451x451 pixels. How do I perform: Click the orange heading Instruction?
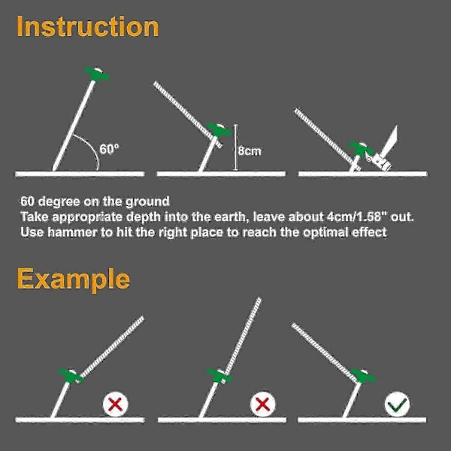click(x=88, y=26)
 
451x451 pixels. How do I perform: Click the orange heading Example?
click(x=74, y=280)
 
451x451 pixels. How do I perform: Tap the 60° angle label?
click(x=109, y=149)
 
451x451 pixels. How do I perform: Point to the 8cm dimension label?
click(x=250, y=151)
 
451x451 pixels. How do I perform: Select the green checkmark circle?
click(x=397, y=404)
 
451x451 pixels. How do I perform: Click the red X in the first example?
click(x=116, y=404)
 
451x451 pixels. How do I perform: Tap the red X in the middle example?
click(x=262, y=404)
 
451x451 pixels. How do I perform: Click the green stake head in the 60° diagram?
click(x=97, y=74)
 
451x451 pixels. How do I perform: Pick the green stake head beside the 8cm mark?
click(x=219, y=130)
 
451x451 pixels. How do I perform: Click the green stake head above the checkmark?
click(x=363, y=376)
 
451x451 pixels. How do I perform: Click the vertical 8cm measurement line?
click(x=235, y=147)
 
